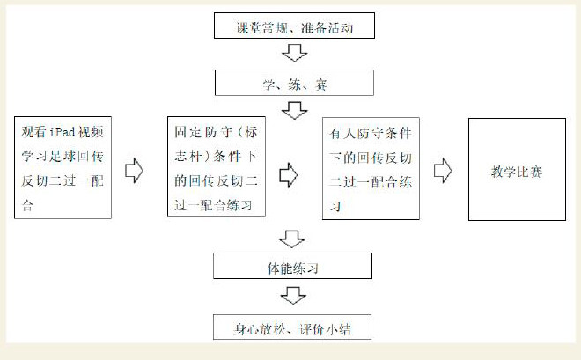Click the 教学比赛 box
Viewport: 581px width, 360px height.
[517, 170]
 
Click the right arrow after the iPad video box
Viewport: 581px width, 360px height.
[135, 170]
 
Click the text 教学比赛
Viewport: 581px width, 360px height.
[517, 170]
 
